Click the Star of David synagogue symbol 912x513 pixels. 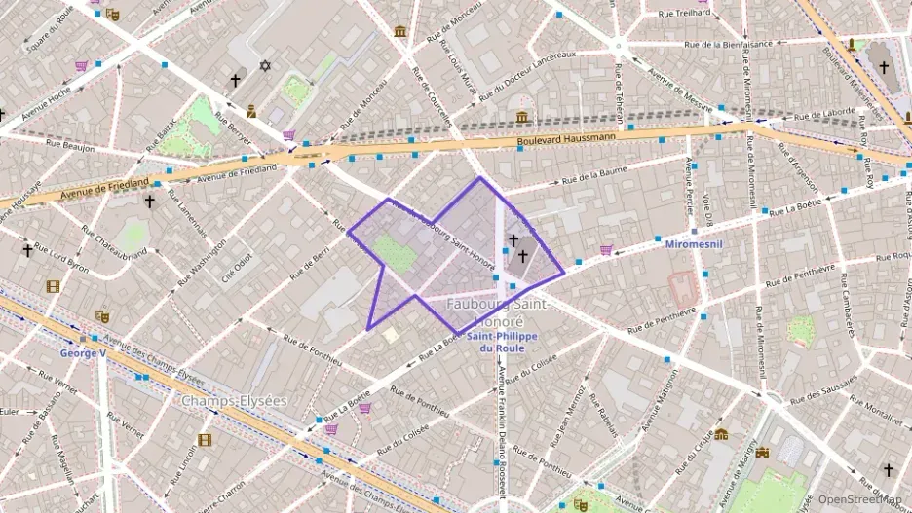264,66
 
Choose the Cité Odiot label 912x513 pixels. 237,265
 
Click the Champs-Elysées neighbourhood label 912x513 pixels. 234,400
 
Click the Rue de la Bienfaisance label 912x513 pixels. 728,43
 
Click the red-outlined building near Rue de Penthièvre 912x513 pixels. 685,286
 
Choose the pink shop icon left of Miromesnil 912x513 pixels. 606,250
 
